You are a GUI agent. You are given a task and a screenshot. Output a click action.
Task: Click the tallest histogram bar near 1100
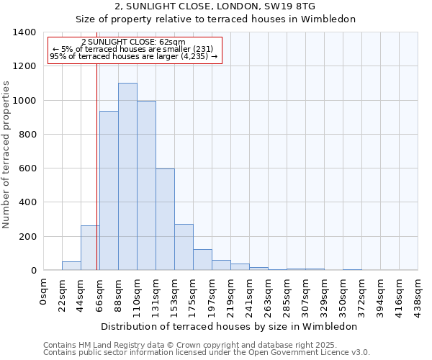[127, 176]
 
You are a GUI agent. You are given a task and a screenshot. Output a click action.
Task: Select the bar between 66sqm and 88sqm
[109, 191]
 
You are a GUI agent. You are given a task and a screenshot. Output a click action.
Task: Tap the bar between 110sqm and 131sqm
[146, 186]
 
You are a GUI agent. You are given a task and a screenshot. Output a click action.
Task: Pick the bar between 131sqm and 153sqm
[165, 220]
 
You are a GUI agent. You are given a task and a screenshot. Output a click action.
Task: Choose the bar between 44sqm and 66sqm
[90, 248]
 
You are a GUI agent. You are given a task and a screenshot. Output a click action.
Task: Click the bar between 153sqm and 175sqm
[184, 247]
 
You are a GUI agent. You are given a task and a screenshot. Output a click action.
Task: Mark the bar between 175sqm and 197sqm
[202, 260]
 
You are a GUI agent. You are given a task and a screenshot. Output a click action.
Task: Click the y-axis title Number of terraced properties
[7, 154]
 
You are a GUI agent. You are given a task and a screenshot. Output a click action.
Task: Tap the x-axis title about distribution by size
[229, 326]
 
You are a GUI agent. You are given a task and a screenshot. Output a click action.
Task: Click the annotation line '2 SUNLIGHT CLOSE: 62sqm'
[133, 42]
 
